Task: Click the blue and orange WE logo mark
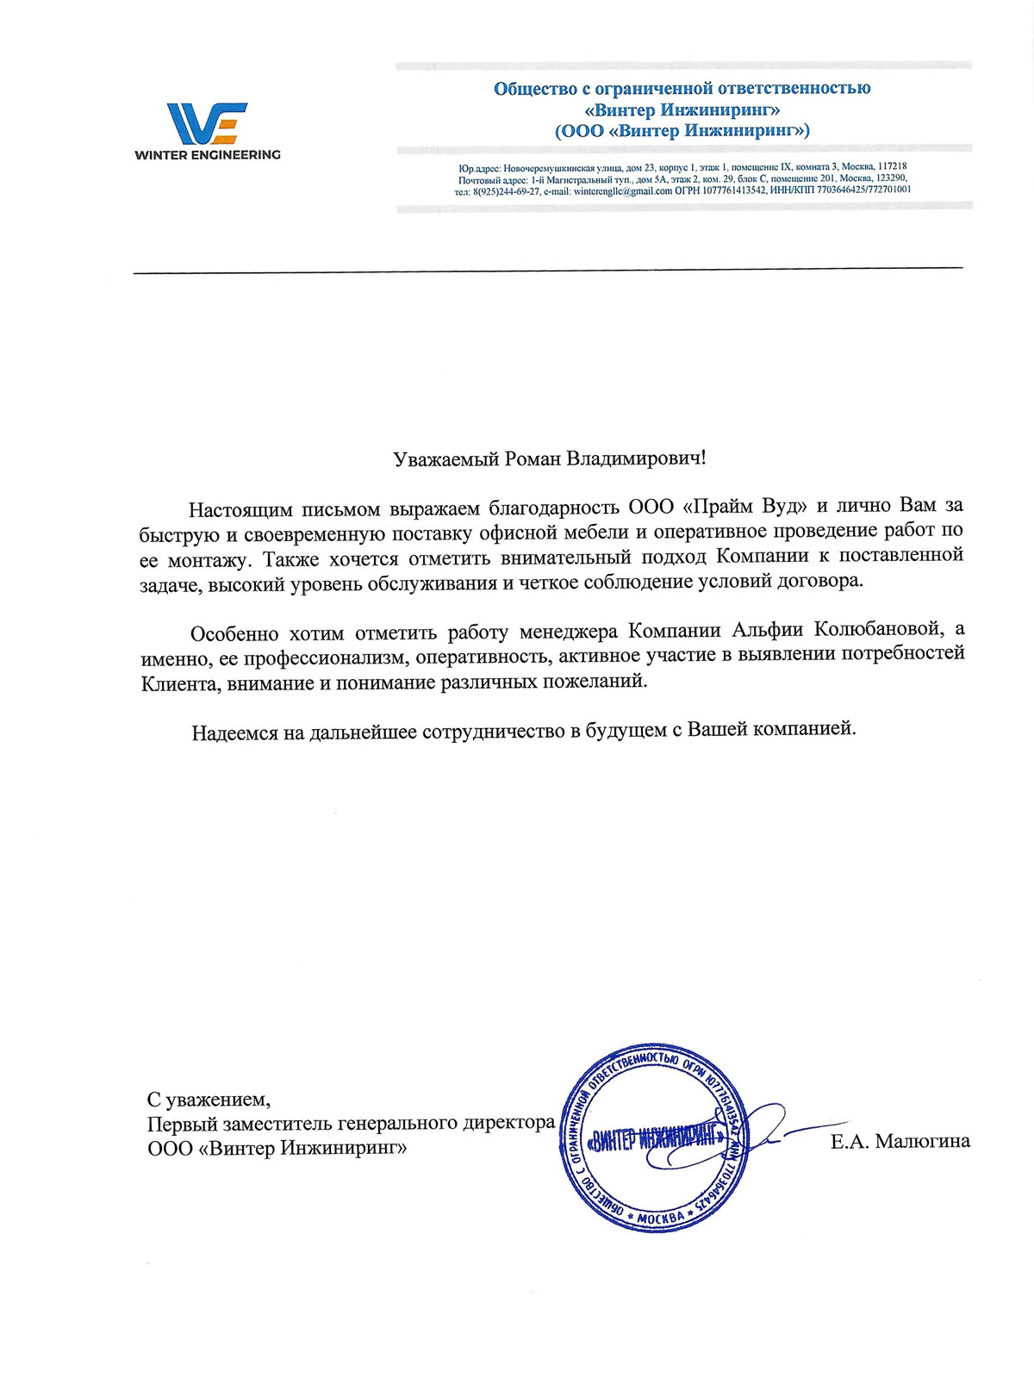pyautogui.click(x=206, y=122)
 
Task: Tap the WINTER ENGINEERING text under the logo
pyautogui.click(x=207, y=155)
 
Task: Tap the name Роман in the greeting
pyautogui.click(x=531, y=458)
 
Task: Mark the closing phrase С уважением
pyautogui.click(x=209, y=1100)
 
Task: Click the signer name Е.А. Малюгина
pyautogui.click(x=900, y=1142)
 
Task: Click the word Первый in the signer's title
pyautogui.click(x=178, y=1124)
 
